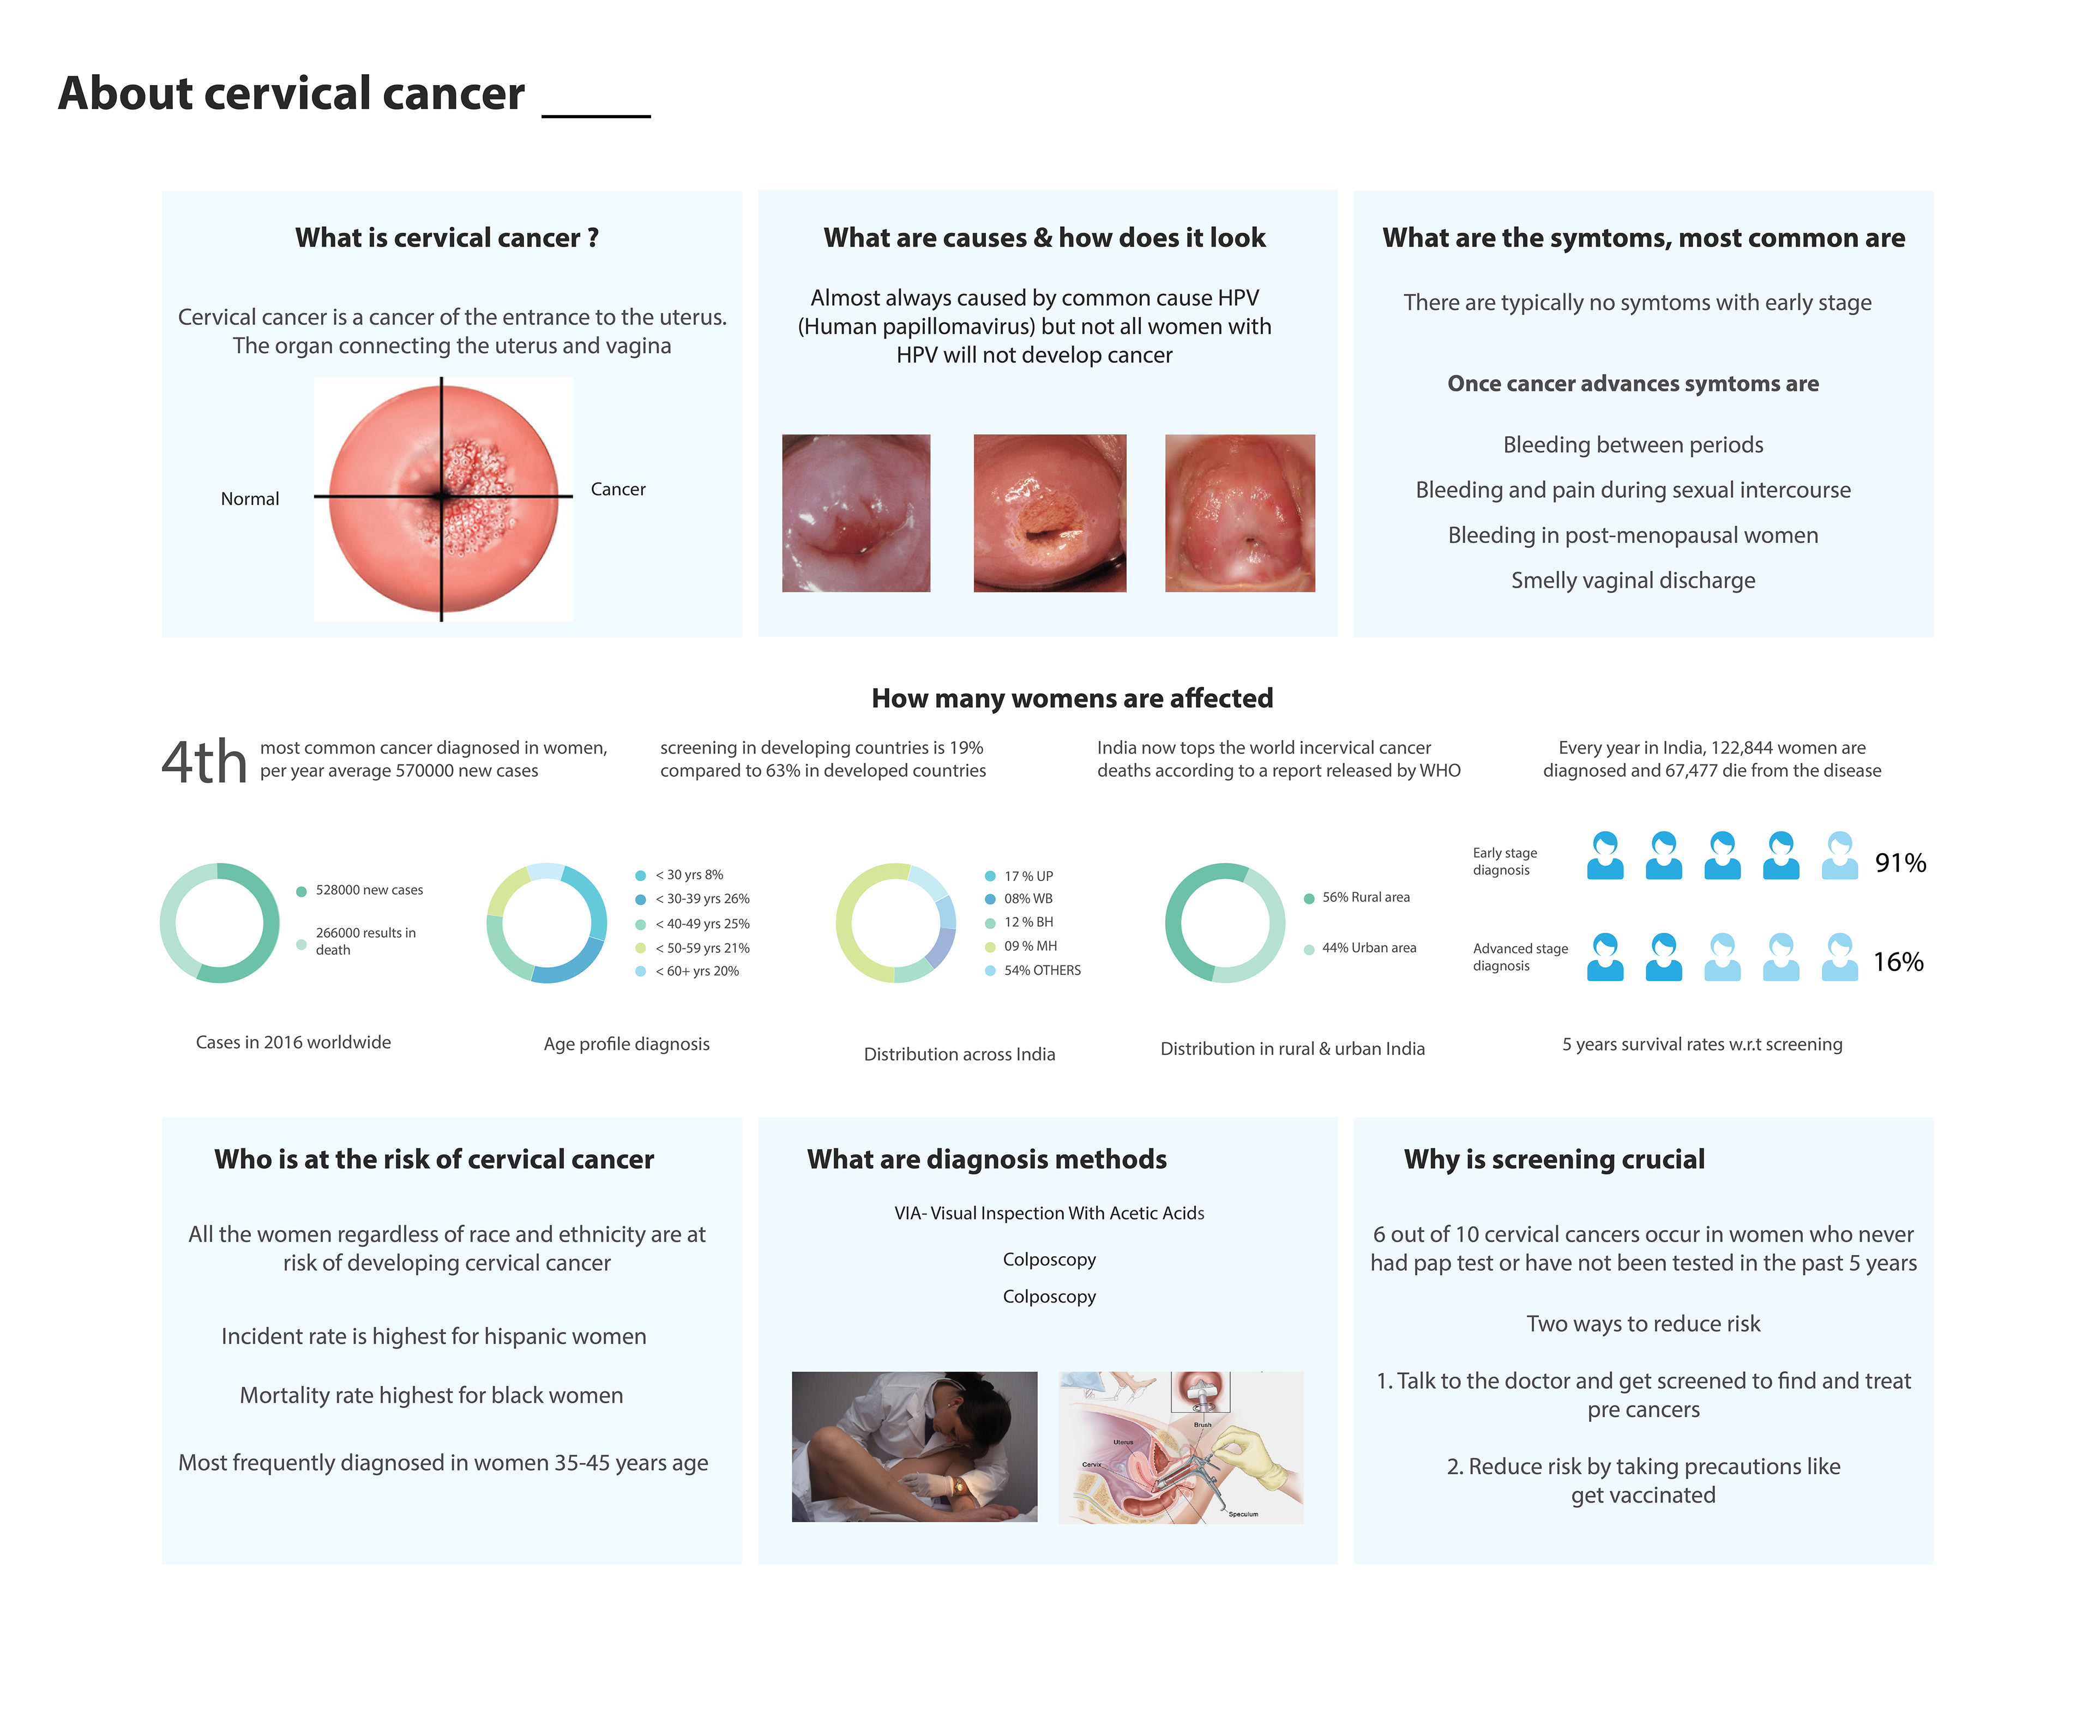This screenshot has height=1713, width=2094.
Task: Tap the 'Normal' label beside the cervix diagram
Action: pyautogui.click(x=250, y=498)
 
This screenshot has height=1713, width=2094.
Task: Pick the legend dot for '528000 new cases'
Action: pyautogui.click(x=301, y=891)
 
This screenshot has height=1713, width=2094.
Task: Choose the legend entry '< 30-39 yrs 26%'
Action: pyautogui.click(x=702, y=899)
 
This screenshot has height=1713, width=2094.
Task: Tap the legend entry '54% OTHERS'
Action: pyautogui.click(x=1041, y=970)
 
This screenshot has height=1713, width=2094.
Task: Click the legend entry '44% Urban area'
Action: pyautogui.click(x=1368, y=948)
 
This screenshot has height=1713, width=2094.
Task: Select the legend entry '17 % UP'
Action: pyautogui.click(x=1027, y=876)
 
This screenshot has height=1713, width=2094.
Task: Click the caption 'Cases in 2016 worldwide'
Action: pyautogui.click(x=293, y=1042)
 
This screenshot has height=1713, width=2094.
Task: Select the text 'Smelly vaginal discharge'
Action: pyautogui.click(x=1632, y=580)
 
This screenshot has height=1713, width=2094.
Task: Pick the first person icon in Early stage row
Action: pyautogui.click(x=1604, y=855)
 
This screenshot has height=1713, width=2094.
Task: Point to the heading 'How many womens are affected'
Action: pyautogui.click(x=1072, y=698)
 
